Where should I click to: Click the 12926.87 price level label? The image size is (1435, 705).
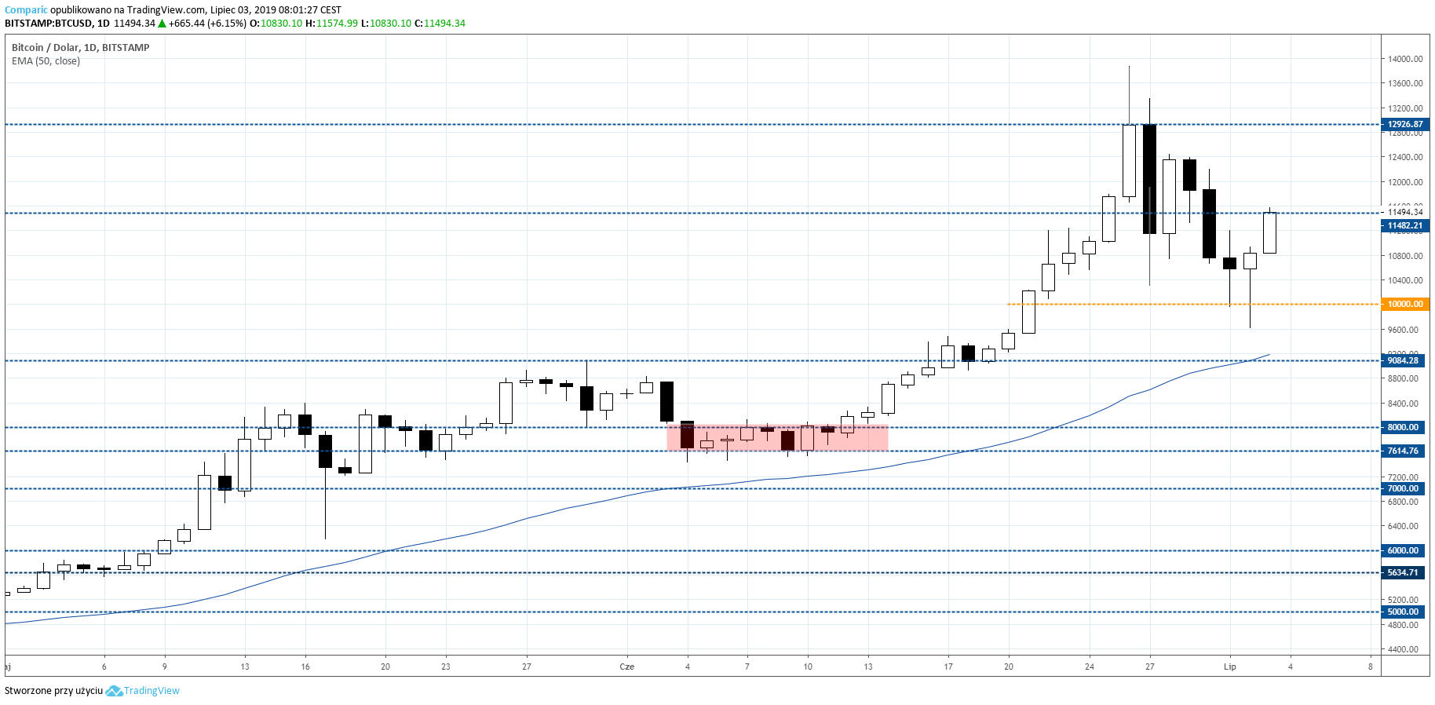1404,124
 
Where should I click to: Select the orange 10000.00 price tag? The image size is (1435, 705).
1404,304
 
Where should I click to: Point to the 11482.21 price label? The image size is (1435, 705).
1404,225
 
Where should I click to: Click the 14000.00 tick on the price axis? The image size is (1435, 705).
1405,59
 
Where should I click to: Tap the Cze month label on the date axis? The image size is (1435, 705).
626,667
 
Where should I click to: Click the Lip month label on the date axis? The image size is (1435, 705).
1229,667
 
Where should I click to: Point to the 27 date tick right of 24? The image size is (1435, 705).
1149,667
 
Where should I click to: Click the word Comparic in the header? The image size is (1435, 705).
26,10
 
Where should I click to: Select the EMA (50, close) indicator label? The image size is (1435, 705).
46,61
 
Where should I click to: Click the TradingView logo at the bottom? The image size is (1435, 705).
143,691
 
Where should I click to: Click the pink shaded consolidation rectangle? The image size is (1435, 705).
777,438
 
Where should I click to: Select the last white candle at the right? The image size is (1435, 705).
1269,232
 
